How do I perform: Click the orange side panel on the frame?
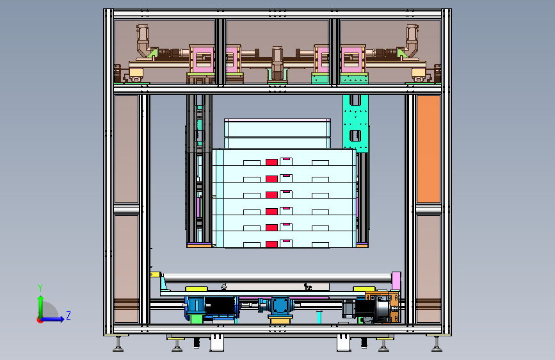click(428, 149)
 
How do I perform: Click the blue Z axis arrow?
click(53, 319)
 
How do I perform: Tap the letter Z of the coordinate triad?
click(68, 315)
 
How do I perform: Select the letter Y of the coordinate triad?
click(40, 288)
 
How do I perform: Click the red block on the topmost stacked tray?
click(271, 162)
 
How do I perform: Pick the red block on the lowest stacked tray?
click(271, 244)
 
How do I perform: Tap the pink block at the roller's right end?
click(396, 281)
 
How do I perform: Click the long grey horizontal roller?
click(277, 278)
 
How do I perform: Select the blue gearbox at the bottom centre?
click(279, 306)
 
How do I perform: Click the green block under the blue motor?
click(196, 319)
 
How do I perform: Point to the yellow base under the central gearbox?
click(280, 320)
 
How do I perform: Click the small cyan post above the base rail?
click(319, 316)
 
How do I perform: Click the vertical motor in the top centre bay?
click(277, 63)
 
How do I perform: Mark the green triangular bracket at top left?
click(152, 54)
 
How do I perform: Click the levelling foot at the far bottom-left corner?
click(118, 345)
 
